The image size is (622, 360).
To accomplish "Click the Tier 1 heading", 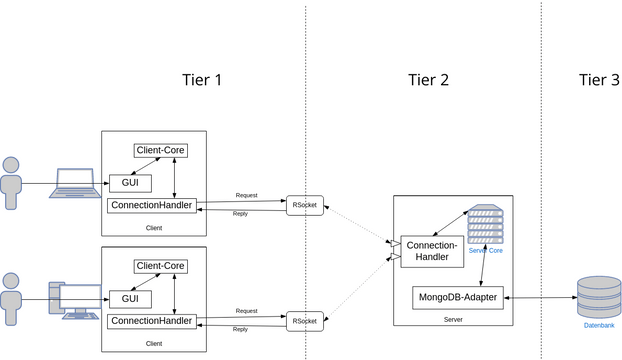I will (202, 80).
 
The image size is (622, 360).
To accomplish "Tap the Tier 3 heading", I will (599, 80).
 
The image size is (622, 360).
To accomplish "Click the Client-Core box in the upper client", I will (161, 151).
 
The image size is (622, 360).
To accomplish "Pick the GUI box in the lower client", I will (130, 299).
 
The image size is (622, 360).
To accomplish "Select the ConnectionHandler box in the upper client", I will (151, 205).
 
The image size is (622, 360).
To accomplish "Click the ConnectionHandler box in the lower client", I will (151, 321).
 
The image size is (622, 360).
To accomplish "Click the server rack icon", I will (485, 225).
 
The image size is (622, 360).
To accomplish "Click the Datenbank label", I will (599, 326).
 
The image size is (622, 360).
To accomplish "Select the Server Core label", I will (485, 251).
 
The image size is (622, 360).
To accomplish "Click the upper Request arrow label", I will (246, 195).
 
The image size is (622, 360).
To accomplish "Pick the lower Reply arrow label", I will (240, 329).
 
